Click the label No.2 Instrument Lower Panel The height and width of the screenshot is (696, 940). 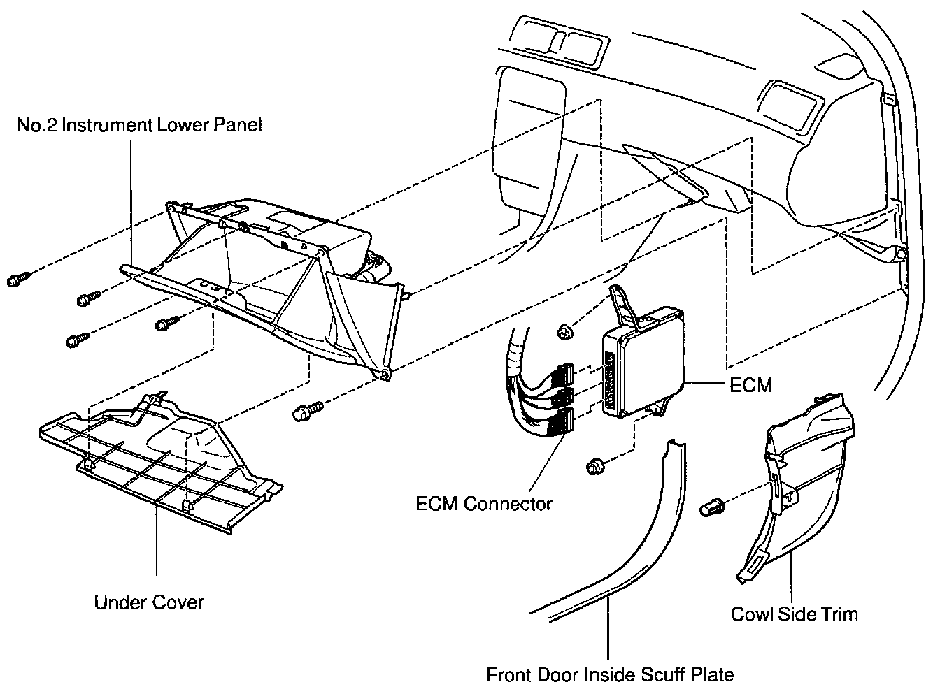139,126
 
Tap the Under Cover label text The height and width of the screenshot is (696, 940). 149,602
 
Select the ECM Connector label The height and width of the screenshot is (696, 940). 484,503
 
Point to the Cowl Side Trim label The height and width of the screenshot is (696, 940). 794,614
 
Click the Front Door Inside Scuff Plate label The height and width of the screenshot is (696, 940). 611,675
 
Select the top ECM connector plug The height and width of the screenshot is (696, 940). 564,372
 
